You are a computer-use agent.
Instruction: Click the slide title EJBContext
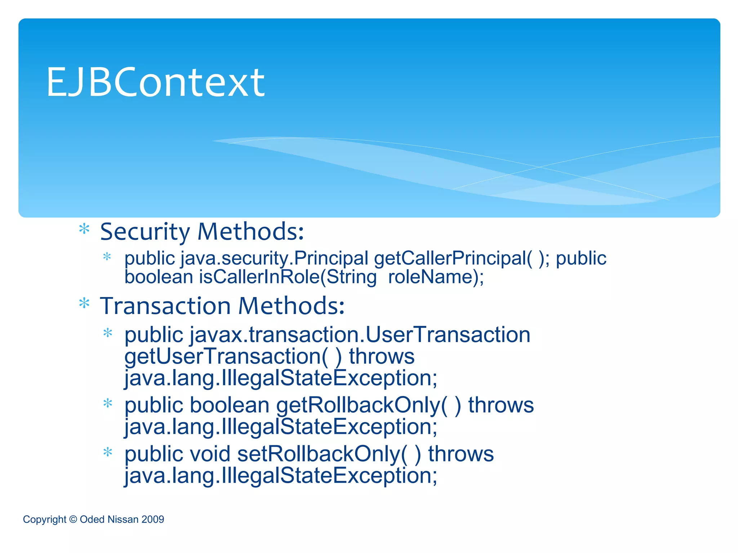pos(156,82)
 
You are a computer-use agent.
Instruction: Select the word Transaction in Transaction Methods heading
pos(165,306)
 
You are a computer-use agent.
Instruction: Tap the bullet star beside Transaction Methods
pos(84,304)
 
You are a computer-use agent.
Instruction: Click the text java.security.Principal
pos(275,258)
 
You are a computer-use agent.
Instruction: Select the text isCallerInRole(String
pos(288,277)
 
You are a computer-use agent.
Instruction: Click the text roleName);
pos(436,277)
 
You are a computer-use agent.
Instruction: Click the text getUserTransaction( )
pos(233,356)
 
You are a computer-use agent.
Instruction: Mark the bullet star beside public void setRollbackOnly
pos(108,452)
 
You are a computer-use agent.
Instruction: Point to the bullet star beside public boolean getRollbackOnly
pos(108,403)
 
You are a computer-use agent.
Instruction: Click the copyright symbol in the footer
pos(73,520)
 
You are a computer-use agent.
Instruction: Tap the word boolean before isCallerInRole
pos(159,277)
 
